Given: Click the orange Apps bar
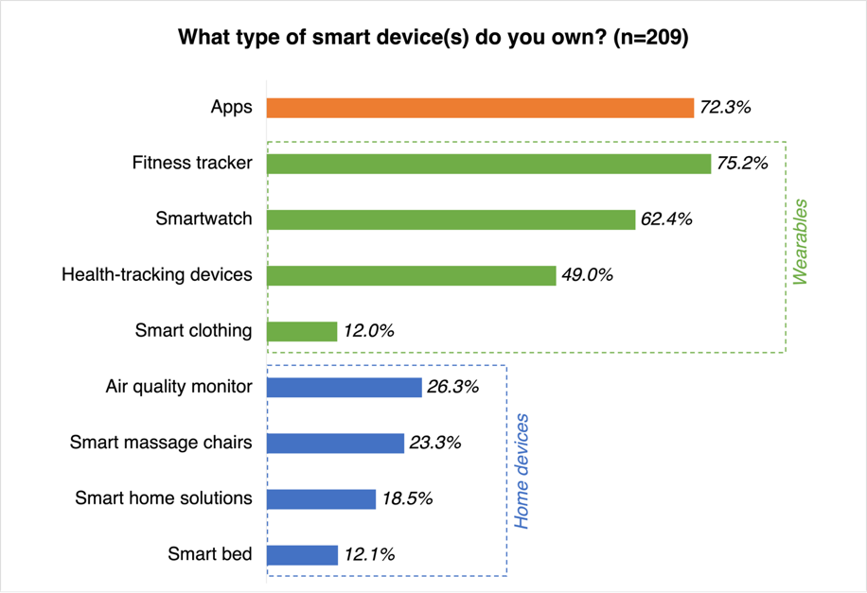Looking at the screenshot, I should pos(480,108).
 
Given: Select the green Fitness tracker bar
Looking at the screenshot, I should pos(488,164).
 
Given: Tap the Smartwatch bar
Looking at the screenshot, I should pos(451,219).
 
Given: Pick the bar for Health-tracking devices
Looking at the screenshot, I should pos(411,275).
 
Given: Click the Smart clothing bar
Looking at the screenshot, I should pos(302,331).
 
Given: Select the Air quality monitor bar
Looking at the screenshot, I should pos(344,387).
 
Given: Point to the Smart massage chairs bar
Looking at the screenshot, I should pos(335,443).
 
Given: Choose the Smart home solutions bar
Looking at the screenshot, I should pos(321,498).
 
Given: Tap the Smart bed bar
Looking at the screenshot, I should pos(302,554).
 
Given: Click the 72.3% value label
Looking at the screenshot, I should pos(725,108).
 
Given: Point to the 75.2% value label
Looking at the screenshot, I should pos(742,164).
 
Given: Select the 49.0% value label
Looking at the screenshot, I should pos(587,275).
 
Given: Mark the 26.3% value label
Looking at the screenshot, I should pos(452,387).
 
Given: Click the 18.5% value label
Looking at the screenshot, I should pos(407,498).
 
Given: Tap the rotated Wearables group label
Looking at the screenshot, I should pos(801,241).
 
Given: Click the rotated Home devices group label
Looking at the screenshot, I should pos(522,470).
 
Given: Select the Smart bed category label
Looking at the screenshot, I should pos(210,554).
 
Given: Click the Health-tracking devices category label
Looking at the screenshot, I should pos(157,275).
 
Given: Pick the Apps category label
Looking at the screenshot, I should pos(232,107).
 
